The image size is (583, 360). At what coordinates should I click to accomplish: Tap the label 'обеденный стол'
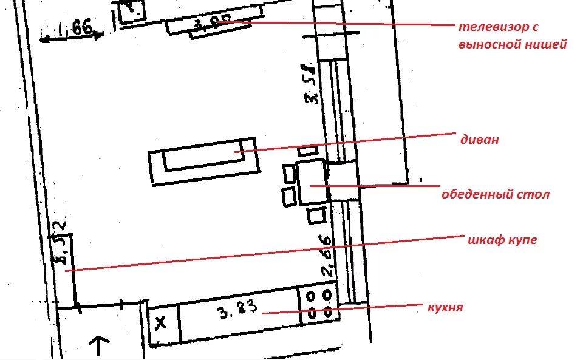click(x=496, y=195)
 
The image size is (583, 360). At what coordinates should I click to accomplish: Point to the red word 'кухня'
click(x=446, y=308)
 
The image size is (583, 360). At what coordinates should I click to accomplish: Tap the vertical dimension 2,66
click(x=328, y=256)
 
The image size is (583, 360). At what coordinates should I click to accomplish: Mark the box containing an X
click(x=162, y=323)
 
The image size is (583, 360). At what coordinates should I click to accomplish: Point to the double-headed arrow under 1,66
click(x=71, y=38)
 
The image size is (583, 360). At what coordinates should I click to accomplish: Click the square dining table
click(x=312, y=182)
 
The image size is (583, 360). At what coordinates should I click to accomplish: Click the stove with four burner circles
click(x=319, y=305)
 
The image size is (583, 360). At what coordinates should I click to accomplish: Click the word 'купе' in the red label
click(x=523, y=240)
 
